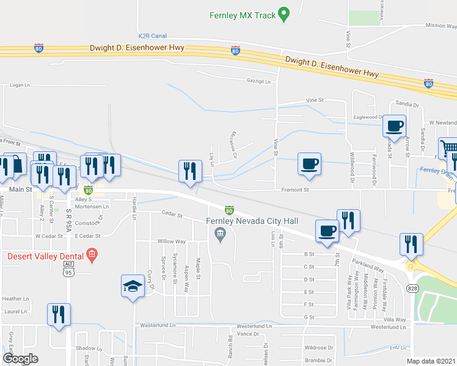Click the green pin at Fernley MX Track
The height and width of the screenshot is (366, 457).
[x=283, y=13]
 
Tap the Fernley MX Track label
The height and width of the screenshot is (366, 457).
[x=243, y=15]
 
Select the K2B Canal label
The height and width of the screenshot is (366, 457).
[x=152, y=37]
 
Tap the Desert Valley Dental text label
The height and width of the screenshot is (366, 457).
[x=45, y=256]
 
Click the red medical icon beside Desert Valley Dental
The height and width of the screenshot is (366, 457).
[x=92, y=254]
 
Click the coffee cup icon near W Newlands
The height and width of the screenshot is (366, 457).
[x=394, y=126]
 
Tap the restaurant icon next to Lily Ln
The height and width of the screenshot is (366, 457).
[x=190, y=170]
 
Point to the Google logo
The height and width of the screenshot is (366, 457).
[x=20, y=359]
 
